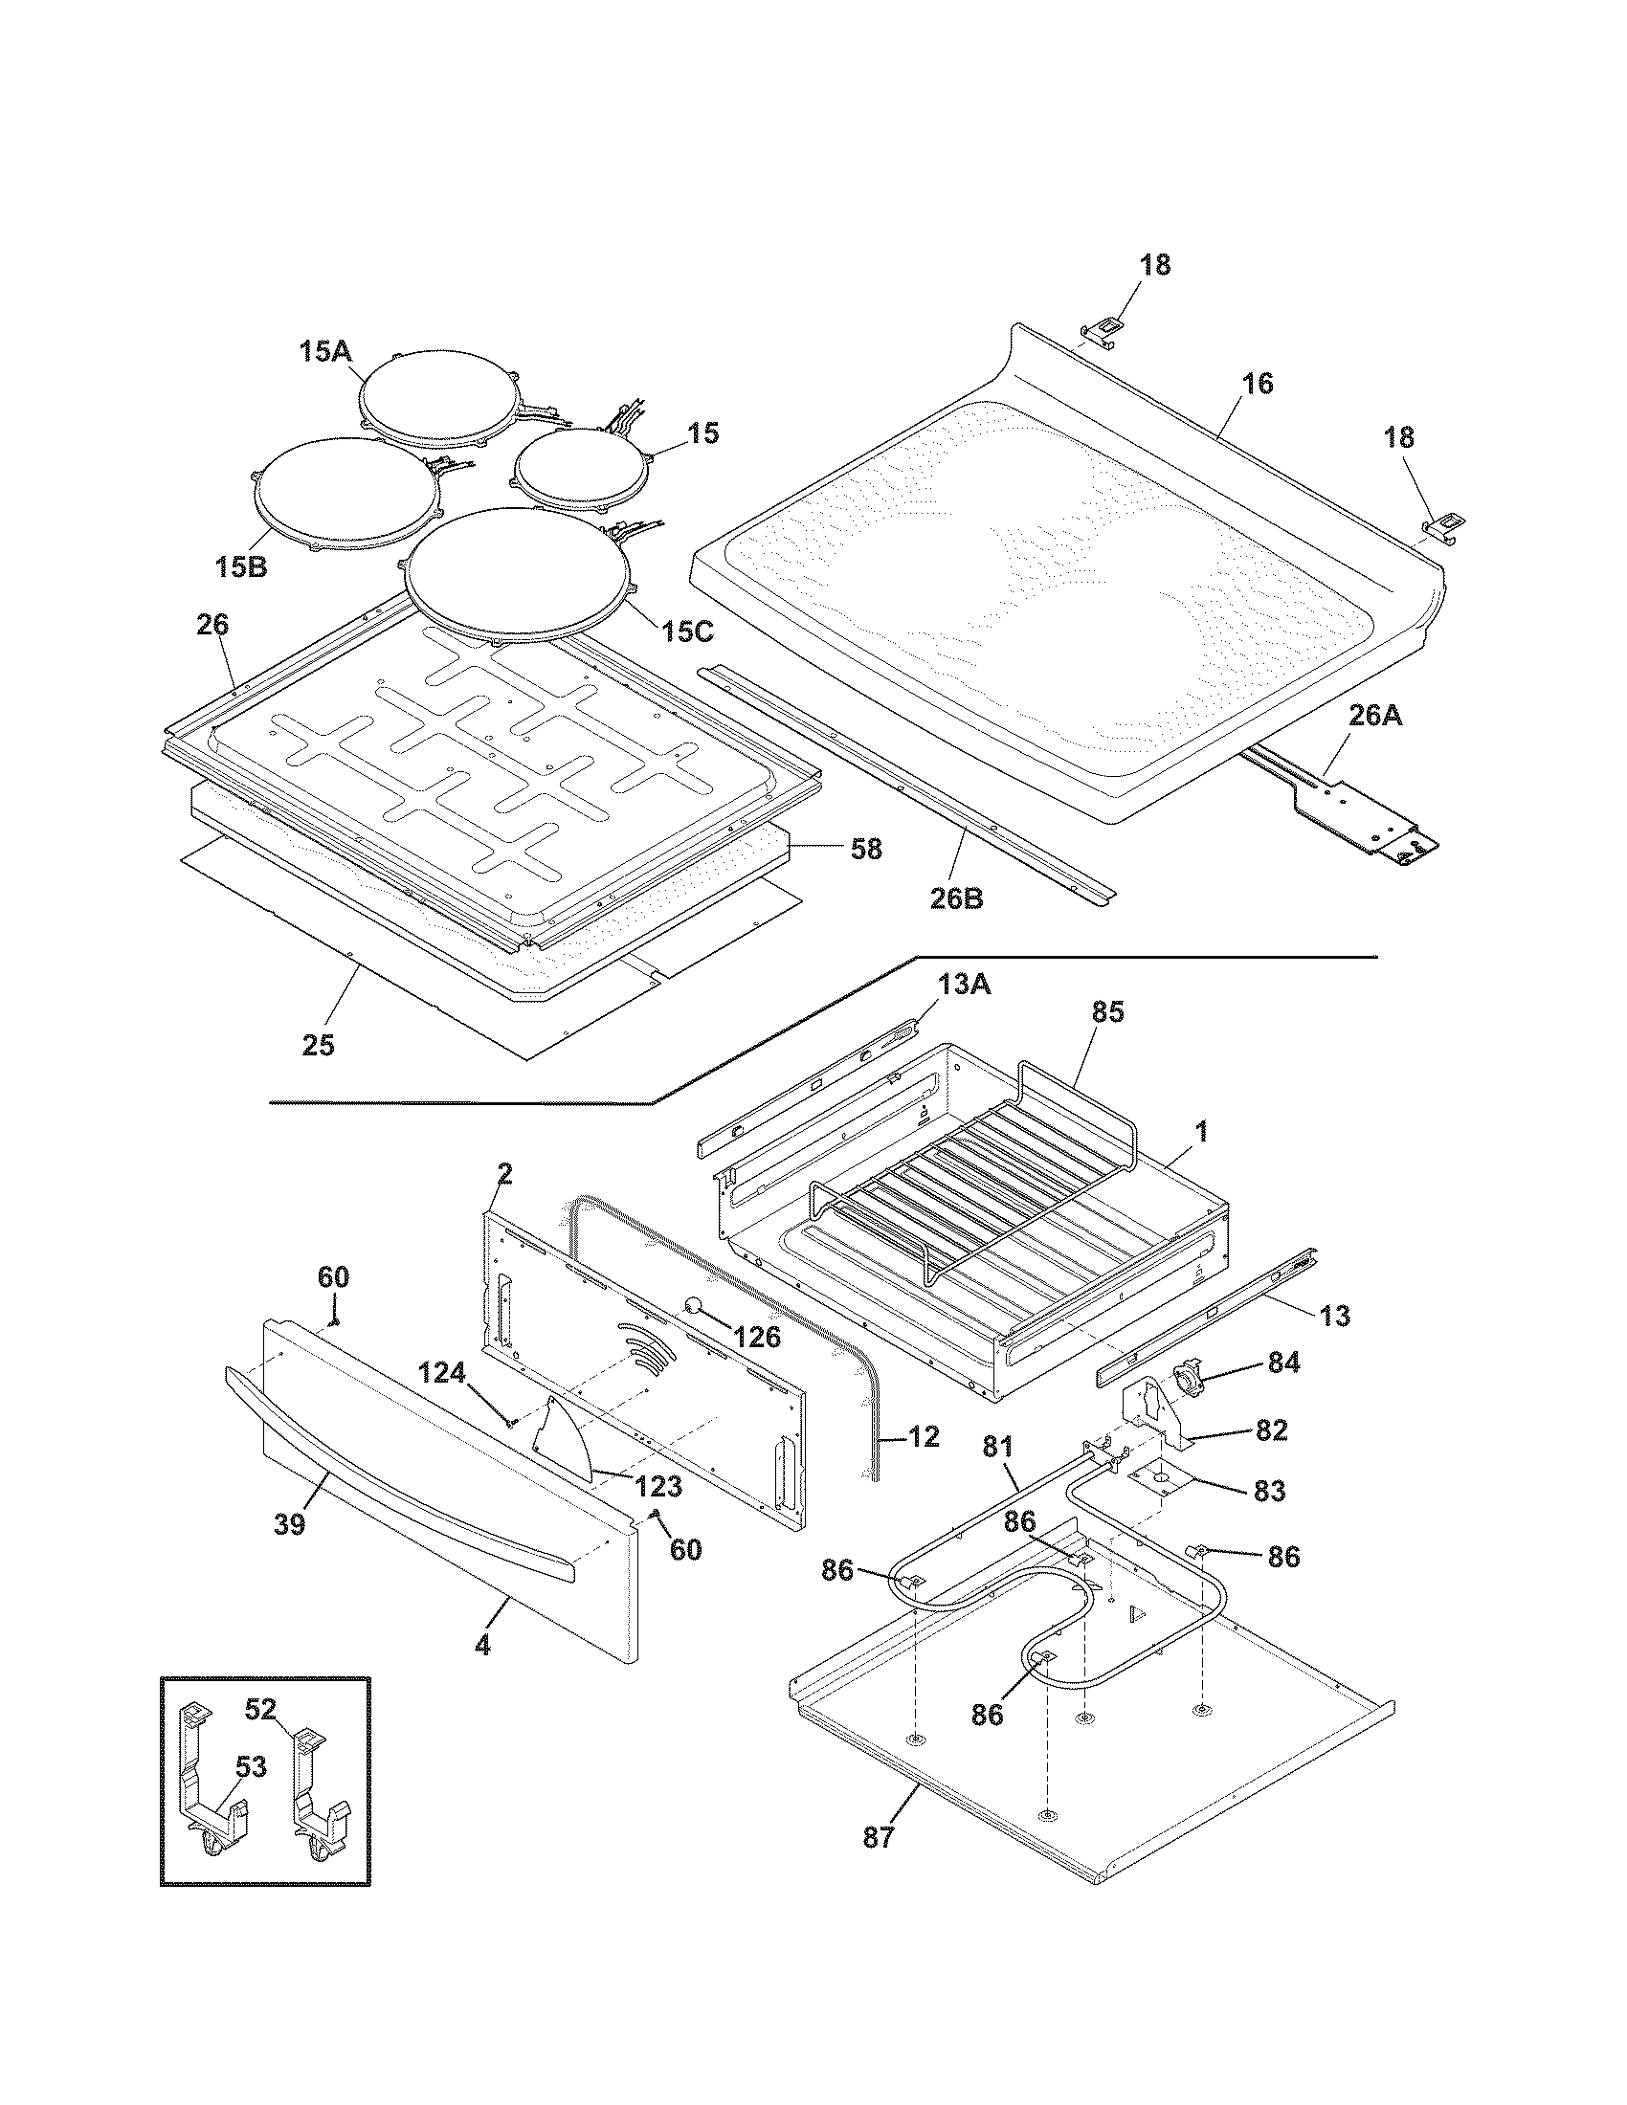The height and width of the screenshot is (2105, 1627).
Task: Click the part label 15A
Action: (323, 353)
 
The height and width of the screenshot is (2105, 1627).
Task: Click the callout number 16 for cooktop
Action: (1257, 384)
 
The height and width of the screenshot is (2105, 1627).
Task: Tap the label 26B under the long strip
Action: (956, 898)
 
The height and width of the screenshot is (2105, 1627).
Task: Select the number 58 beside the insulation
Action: (866, 848)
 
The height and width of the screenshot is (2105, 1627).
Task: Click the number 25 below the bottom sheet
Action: (318, 1045)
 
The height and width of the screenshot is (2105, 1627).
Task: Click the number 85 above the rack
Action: (1107, 1012)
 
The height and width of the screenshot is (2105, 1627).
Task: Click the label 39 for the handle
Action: (289, 1524)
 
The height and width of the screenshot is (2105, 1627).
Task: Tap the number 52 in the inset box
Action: (260, 1710)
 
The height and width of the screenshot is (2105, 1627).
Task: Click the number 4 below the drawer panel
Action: (482, 1648)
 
